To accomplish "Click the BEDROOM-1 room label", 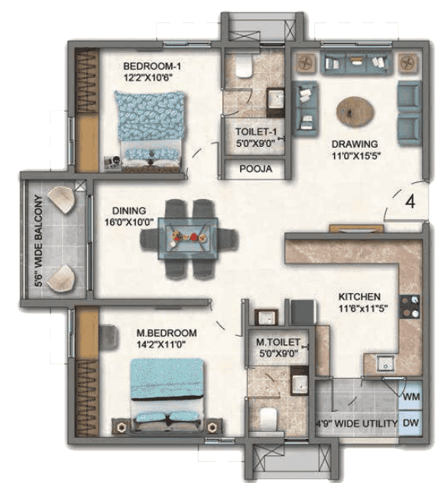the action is click(152, 67).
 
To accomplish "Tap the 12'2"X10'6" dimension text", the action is click(148, 77).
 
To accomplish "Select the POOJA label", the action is click(255, 169).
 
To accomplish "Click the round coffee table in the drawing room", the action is click(355, 112).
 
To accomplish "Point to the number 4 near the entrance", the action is click(410, 202).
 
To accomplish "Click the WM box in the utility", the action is click(411, 397).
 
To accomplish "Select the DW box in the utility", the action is click(411, 423).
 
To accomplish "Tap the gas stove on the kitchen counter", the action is click(410, 307).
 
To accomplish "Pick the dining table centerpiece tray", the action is click(188, 237).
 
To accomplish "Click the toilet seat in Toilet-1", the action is click(244, 67).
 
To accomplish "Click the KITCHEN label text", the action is click(359, 297).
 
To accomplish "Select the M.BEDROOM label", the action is click(167, 333).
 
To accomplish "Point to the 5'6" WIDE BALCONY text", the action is click(39, 240).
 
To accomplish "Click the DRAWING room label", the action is click(355, 144).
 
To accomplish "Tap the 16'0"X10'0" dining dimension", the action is click(129, 222).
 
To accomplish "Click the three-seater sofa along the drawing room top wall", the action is click(356, 63).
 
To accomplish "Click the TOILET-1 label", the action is click(256, 132).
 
